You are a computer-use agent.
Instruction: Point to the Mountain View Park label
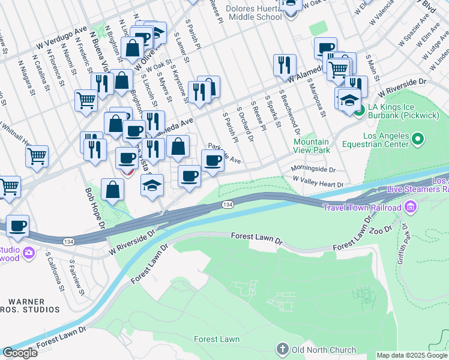[312, 146]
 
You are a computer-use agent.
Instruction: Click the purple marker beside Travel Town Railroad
[411, 208]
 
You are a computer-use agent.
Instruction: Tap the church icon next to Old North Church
[283, 349]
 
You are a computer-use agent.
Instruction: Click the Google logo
[20, 353]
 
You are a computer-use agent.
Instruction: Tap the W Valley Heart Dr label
[318, 182]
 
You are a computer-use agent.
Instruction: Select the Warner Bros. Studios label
[30, 305]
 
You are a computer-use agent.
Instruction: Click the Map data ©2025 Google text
[412, 355]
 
